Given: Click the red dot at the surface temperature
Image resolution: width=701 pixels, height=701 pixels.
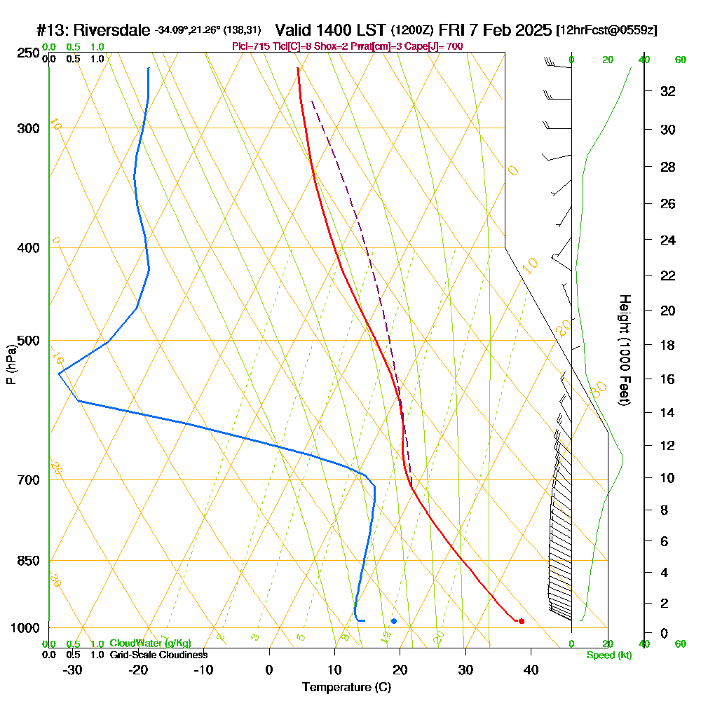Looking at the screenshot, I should pos(521,621).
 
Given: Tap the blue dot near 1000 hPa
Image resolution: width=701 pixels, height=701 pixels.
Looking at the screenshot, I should pos(394,621).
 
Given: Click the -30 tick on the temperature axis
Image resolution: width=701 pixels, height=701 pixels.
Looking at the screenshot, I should pos(73,669).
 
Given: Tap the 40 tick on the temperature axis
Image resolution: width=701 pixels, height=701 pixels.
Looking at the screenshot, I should pos(531,669).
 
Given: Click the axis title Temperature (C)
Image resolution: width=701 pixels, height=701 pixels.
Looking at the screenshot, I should pos(346,688).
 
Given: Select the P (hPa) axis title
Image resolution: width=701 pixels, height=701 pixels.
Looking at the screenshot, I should pos(11,365).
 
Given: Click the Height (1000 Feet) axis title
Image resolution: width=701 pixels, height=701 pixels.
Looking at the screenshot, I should pos(622,350).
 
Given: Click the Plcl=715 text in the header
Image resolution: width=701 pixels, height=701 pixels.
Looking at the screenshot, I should pos(247,46).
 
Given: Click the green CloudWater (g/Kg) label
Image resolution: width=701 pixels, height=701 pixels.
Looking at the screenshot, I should pos(150,644).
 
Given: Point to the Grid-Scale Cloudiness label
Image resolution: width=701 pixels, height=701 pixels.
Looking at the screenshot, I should pos(158,655).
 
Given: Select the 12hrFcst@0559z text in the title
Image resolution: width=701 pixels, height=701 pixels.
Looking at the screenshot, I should pos(606,31).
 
